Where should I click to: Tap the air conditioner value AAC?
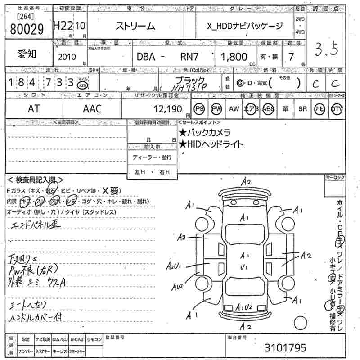92,108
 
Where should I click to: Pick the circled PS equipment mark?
199,109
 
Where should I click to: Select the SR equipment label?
302,109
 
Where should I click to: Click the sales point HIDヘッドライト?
211,144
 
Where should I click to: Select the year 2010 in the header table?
67,57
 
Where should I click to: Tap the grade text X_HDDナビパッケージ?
245,26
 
